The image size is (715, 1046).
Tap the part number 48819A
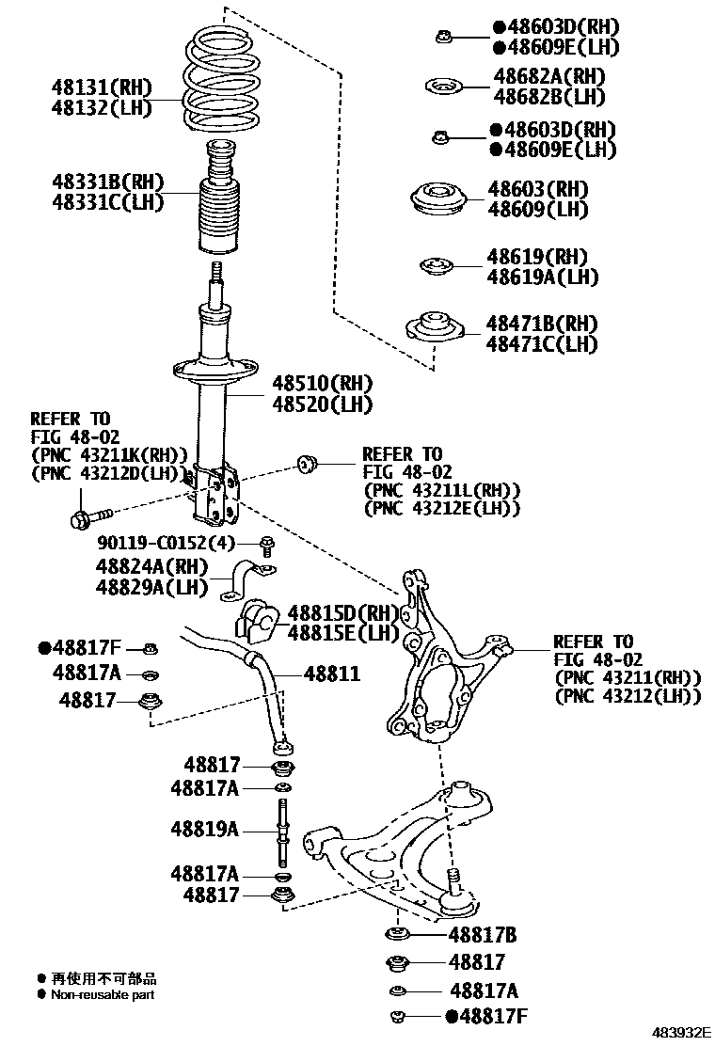(204, 829)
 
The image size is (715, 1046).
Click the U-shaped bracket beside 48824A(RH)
(249, 580)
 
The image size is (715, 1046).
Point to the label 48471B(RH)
(541, 324)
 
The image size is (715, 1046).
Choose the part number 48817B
(482, 935)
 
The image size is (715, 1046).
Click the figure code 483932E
(677, 1032)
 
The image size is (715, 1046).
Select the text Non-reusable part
(103, 994)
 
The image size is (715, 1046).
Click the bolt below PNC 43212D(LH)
(88, 515)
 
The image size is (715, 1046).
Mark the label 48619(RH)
(536, 257)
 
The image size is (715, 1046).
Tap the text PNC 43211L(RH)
(442, 490)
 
